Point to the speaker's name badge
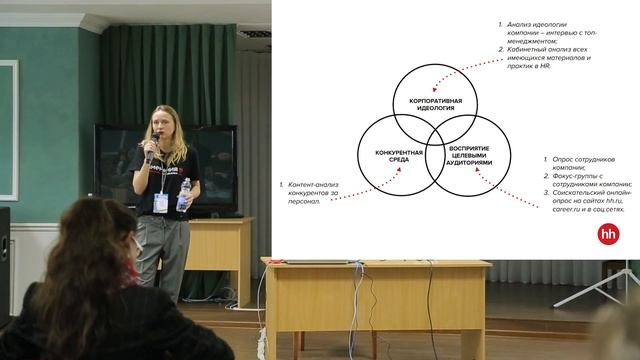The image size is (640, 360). tap(161, 202)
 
